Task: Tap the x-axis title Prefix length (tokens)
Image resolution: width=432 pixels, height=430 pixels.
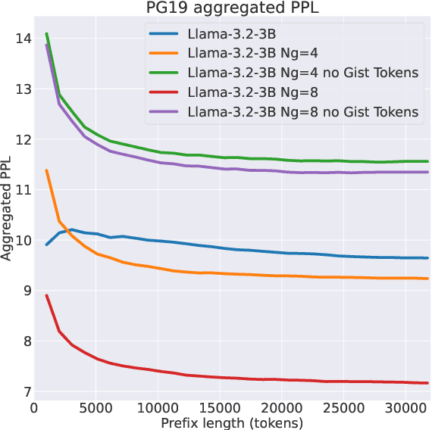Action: (x=232, y=422)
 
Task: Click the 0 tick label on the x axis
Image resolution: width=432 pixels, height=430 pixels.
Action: (x=34, y=407)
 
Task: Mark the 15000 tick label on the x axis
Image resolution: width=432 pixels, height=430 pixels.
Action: (x=220, y=407)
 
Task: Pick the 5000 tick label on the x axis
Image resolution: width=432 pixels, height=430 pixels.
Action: (x=96, y=407)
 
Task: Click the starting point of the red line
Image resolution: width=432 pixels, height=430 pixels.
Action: (x=47, y=295)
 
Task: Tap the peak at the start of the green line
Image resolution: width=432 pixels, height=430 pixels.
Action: (x=47, y=33)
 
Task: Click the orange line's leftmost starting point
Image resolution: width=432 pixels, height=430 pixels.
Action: (x=47, y=170)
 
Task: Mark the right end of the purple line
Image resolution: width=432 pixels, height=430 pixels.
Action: (x=428, y=172)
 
